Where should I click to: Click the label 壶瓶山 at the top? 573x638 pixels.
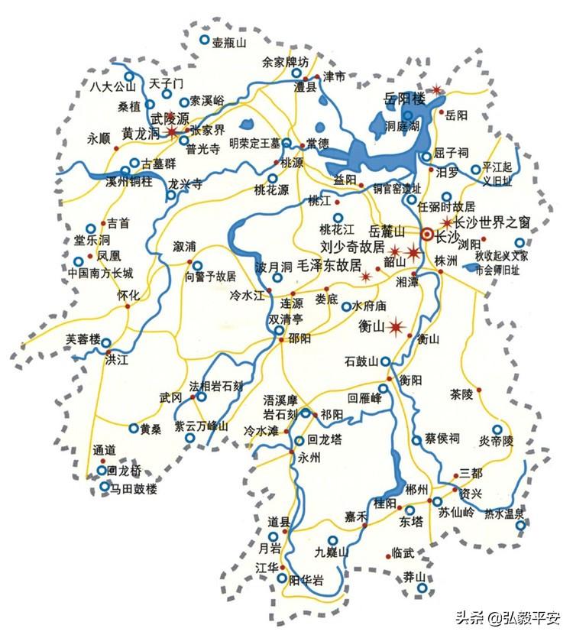tap(229, 43)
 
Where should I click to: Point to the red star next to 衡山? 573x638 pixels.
tap(396, 329)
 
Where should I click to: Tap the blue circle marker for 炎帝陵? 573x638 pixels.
tap(497, 430)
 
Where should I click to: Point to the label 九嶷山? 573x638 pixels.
tap(332, 552)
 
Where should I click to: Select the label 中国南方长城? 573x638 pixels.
tap(100, 273)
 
